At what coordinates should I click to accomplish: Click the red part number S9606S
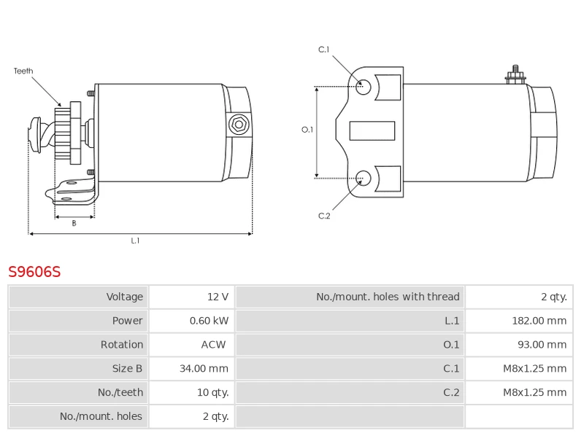(x=34, y=272)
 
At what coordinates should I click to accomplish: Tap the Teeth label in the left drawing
(x=23, y=71)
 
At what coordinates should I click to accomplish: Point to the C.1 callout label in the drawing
(x=323, y=50)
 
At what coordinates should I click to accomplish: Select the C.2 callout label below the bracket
(x=324, y=216)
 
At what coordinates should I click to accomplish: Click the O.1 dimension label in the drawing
(x=307, y=130)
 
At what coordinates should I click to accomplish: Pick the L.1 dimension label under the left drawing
(x=135, y=241)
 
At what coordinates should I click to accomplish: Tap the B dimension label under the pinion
(x=74, y=223)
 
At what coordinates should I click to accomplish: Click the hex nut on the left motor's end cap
(x=239, y=125)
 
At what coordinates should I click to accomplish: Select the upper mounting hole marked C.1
(x=363, y=87)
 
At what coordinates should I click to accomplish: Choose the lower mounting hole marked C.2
(x=363, y=178)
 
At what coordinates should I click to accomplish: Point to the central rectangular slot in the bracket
(x=372, y=131)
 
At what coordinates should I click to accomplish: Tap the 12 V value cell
(x=218, y=297)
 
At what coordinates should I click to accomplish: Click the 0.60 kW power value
(x=209, y=321)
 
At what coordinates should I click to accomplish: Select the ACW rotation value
(x=213, y=345)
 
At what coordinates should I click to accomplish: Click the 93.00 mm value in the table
(x=542, y=345)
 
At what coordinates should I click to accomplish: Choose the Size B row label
(x=127, y=368)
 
